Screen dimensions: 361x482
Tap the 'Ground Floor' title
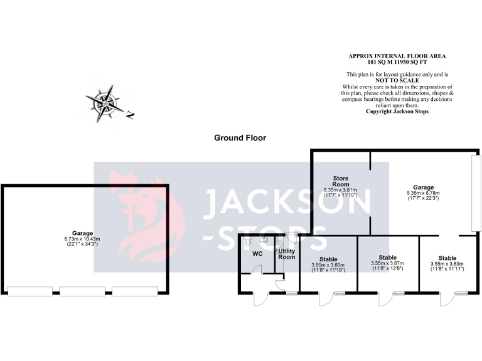240,138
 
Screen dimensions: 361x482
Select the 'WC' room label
257,254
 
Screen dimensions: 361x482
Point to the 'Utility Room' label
286,254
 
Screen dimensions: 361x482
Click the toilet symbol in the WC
250,241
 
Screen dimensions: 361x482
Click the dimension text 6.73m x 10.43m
82,239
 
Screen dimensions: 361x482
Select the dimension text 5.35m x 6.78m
424,194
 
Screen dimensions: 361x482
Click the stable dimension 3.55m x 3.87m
388,264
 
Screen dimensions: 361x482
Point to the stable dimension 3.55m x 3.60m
328,265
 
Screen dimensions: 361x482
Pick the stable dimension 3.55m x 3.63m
447,264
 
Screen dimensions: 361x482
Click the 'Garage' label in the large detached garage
82,233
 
